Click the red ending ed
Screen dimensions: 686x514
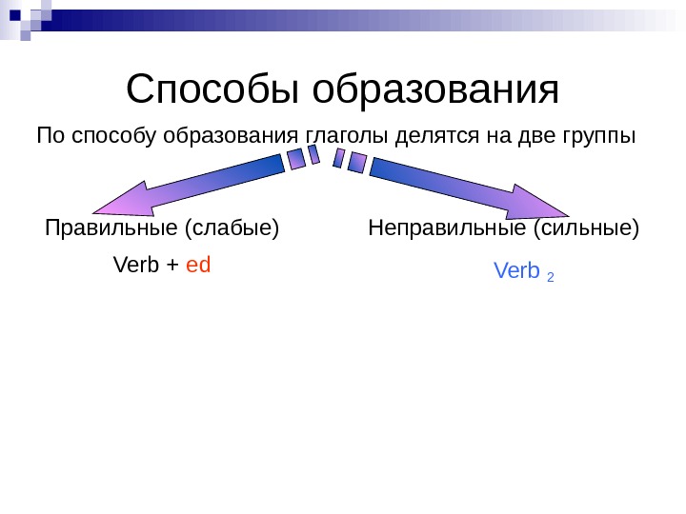click(198, 265)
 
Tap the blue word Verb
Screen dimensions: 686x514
click(516, 272)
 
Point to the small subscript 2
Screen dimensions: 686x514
click(551, 277)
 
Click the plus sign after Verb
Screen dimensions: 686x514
click(172, 266)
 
